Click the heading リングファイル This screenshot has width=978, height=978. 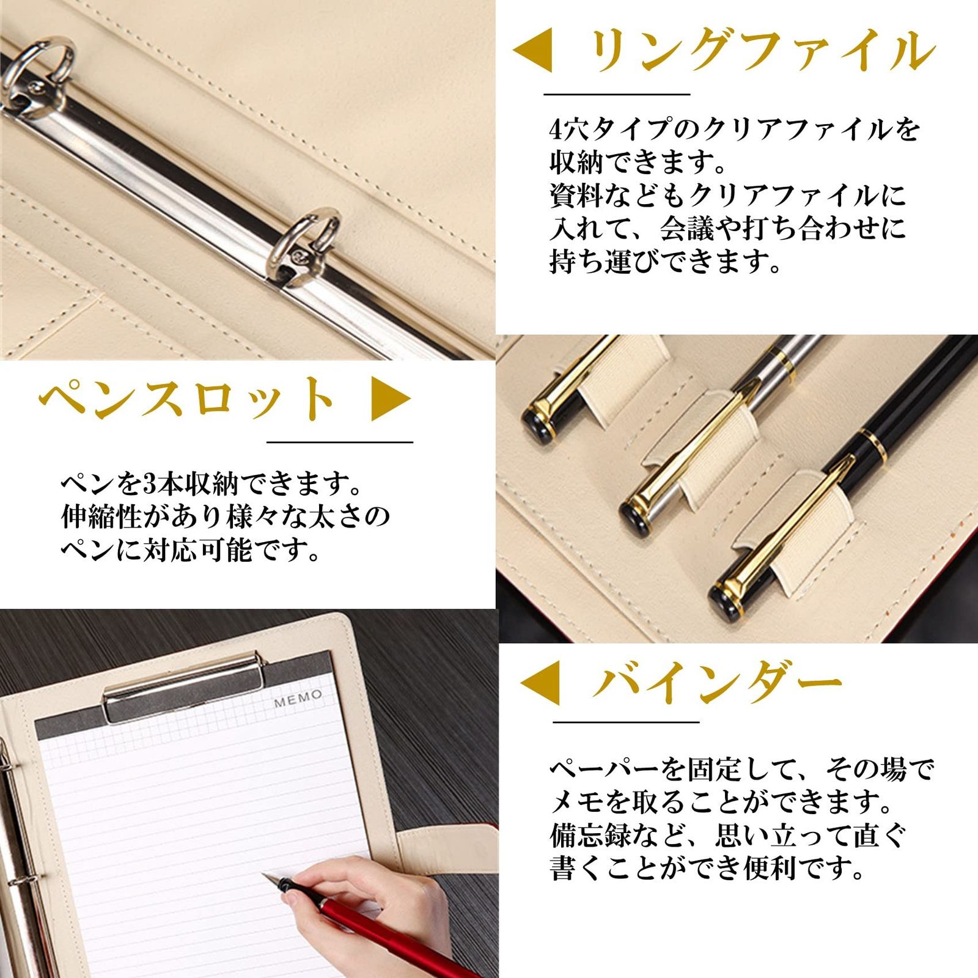762,50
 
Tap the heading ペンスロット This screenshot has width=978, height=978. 186,399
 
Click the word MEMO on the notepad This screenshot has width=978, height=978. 298,698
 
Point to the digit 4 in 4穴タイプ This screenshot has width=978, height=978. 555,130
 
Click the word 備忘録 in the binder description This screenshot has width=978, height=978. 590,835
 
